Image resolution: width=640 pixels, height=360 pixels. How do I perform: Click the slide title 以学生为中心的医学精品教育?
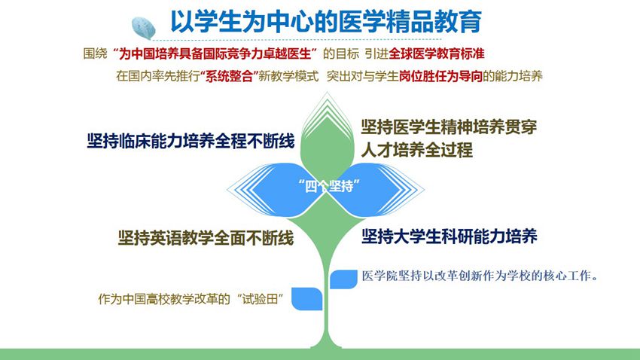click(326, 21)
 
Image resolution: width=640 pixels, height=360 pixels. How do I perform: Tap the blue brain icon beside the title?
click(144, 27)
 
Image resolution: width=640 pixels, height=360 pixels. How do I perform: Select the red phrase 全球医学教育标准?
click(436, 53)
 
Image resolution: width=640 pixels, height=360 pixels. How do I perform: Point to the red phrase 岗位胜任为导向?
click(440, 76)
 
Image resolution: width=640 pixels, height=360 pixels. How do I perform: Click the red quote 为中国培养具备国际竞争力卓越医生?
click(215, 53)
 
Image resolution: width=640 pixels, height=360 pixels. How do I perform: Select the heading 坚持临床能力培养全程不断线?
click(190, 142)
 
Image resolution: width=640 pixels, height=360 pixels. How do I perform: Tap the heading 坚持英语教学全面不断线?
click(206, 238)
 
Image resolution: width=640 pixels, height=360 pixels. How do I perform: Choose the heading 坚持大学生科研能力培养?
click(449, 236)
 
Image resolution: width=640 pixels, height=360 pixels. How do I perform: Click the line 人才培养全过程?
click(416, 150)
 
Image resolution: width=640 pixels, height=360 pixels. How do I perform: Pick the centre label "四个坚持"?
click(329, 186)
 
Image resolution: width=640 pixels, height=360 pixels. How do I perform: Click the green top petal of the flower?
click(327, 139)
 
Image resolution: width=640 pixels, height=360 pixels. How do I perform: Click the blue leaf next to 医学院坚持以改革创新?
click(343, 279)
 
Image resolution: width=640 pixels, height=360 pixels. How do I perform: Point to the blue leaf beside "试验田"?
click(307, 298)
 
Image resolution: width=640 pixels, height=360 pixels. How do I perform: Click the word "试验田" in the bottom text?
click(260, 299)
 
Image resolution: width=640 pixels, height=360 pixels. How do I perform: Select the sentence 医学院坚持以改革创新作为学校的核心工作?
click(480, 276)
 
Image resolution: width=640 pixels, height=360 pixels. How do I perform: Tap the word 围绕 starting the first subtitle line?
click(95, 53)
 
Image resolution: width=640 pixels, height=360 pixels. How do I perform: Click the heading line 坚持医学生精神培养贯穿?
click(449, 127)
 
